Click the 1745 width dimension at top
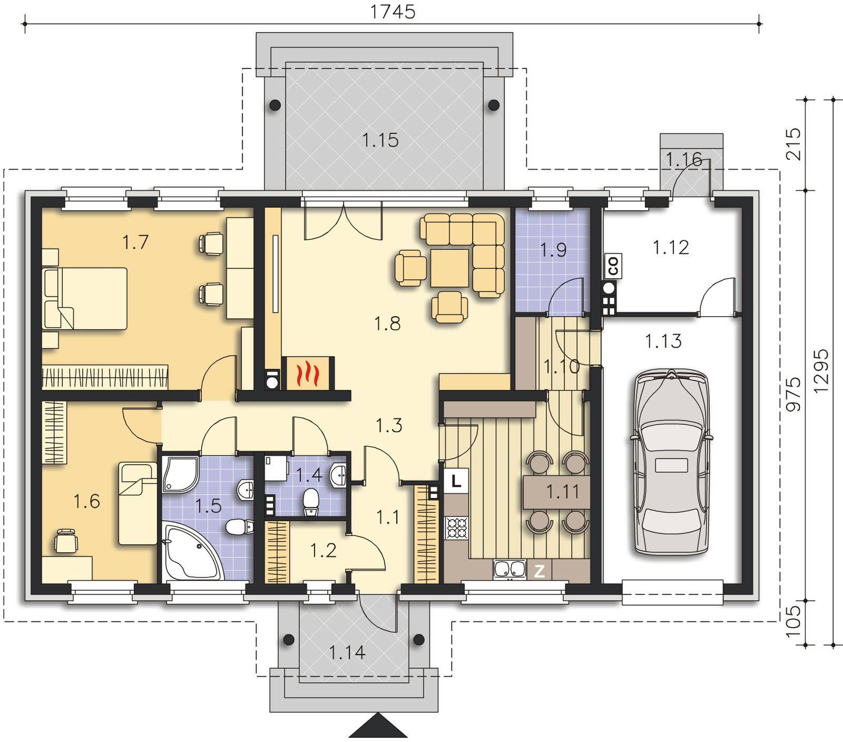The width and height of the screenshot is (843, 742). coord(393,11)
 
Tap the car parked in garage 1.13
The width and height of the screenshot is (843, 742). coord(671,462)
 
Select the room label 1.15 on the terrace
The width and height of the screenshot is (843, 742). coord(380,140)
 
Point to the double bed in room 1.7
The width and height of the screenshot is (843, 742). coord(85,298)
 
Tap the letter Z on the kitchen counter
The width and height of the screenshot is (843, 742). coord(539,571)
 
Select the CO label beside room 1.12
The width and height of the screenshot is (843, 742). coord(613,265)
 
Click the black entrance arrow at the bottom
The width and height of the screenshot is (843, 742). coord(378,726)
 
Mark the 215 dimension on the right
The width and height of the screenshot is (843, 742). coord(793,144)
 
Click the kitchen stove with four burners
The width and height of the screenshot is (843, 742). coord(457,528)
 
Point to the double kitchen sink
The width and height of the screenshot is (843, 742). coord(509,570)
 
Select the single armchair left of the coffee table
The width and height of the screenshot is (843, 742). coord(410,268)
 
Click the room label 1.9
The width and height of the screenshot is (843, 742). coord(553,250)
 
